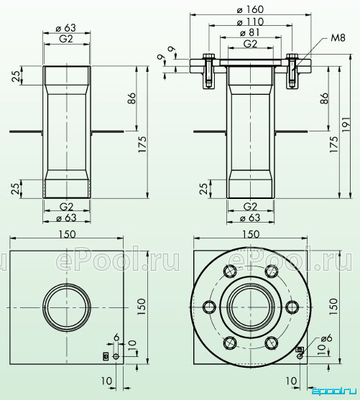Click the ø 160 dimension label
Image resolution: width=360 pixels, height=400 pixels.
point(250,9)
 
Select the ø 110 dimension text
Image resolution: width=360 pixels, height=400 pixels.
point(250,22)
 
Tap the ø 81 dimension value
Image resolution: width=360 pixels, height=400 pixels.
point(250,32)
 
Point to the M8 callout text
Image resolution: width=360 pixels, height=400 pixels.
point(338,38)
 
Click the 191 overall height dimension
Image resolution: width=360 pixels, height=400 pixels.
point(346,124)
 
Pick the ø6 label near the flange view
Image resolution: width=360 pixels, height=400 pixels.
point(327,338)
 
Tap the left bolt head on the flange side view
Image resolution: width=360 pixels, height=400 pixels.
point(209,56)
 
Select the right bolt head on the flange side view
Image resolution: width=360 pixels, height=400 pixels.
point(292,56)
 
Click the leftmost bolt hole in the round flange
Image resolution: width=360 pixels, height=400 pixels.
point(209,307)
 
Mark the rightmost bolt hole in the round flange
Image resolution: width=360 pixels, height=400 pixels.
point(292,307)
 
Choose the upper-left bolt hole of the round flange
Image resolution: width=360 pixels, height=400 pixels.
point(230,271)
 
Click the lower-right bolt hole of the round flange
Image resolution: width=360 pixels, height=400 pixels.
point(272,343)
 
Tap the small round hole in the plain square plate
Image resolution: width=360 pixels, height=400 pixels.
point(116,356)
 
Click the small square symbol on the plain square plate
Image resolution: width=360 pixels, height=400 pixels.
point(106,356)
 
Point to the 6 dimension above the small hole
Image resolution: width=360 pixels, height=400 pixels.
point(116,338)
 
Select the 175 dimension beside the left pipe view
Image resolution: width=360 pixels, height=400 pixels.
point(142,144)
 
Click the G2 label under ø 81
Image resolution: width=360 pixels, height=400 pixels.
point(250,44)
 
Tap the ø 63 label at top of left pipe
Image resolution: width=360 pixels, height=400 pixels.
point(66,28)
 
